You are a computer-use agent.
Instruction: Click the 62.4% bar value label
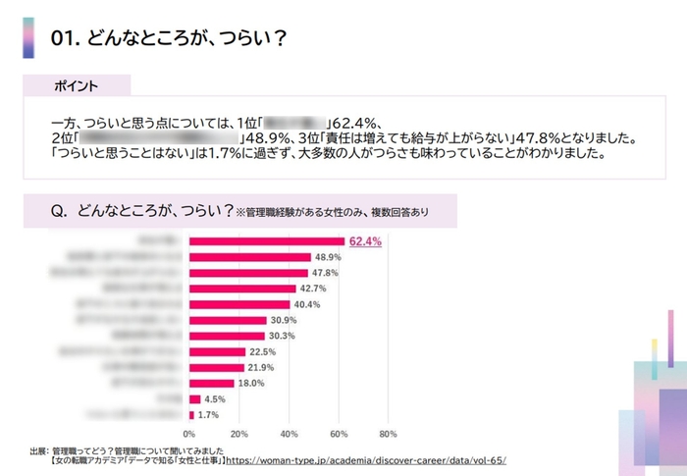pos(365,241)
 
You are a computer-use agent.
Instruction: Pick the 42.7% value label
pos(313,289)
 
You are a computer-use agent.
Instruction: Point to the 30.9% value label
pos(284,320)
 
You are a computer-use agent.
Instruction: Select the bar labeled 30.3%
pos(226,336)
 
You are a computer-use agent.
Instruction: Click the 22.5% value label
pos(263,351)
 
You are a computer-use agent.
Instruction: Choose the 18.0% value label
pos(252,383)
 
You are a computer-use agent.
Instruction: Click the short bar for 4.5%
pos(194,398)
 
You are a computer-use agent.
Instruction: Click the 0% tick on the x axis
pos(189,432)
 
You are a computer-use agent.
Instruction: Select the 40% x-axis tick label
pos(289,432)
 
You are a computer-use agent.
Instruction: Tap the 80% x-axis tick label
pos(388,432)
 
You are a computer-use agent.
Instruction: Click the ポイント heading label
pos(76,86)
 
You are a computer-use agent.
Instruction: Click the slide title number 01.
pos(65,39)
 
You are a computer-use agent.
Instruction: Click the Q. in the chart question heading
pos(59,209)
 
